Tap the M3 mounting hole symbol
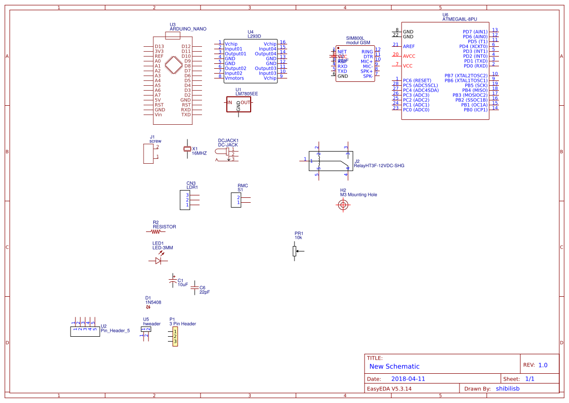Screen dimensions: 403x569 (x=343, y=205)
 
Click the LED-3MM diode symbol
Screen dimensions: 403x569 (x=158, y=261)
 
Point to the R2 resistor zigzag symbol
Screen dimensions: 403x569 (x=156, y=232)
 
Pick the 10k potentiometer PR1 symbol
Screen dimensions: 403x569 (x=295, y=251)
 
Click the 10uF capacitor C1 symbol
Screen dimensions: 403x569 (x=172, y=282)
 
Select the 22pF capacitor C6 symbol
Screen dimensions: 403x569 (x=195, y=288)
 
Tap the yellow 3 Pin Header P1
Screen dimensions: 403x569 (x=175, y=336)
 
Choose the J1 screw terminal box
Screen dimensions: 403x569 (x=148, y=154)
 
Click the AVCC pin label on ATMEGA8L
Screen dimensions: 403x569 (x=409, y=56)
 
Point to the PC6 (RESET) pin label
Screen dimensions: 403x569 (x=417, y=80)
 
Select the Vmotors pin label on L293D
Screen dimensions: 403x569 (x=235, y=78)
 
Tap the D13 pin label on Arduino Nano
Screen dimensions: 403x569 (x=159, y=46)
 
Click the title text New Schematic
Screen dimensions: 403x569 (x=394, y=366)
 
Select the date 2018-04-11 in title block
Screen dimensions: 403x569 (x=408, y=379)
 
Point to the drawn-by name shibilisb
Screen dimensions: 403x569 (x=508, y=389)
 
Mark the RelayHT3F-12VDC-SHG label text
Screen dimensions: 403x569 (x=379, y=166)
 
